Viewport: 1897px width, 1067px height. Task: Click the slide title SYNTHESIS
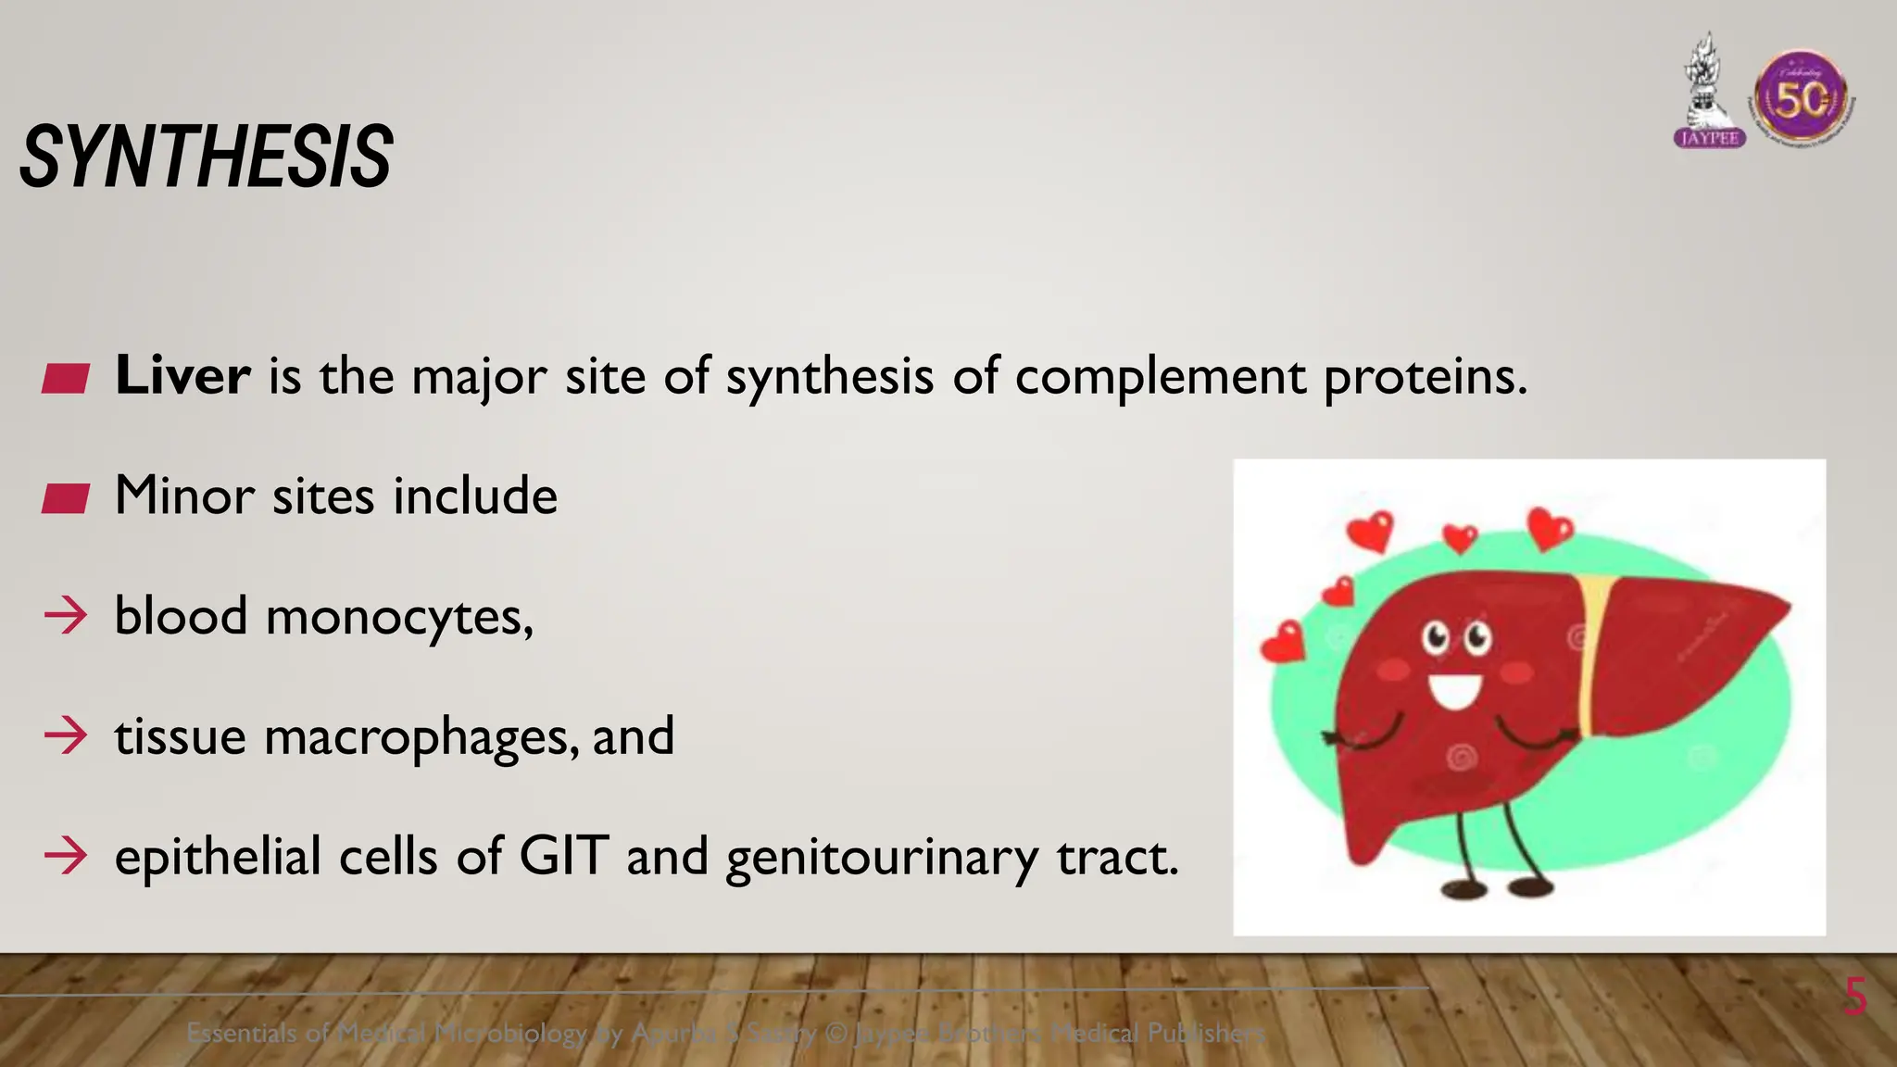click(x=206, y=157)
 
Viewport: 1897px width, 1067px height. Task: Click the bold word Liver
click(x=182, y=376)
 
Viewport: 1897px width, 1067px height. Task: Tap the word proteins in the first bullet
click(x=1425, y=378)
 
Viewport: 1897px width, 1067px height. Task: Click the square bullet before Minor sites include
click(x=66, y=498)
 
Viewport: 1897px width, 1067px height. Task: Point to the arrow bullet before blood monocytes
click(x=66, y=616)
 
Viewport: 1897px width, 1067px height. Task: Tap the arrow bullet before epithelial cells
click(x=66, y=855)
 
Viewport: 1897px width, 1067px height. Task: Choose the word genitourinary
click(x=882, y=857)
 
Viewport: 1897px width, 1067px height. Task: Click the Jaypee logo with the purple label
click(x=1710, y=93)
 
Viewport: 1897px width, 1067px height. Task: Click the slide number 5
click(x=1854, y=998)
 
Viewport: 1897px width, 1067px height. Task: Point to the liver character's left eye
click(x=1436, y=637)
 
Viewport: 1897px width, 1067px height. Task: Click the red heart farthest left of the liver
click(x=1284, y=643)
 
